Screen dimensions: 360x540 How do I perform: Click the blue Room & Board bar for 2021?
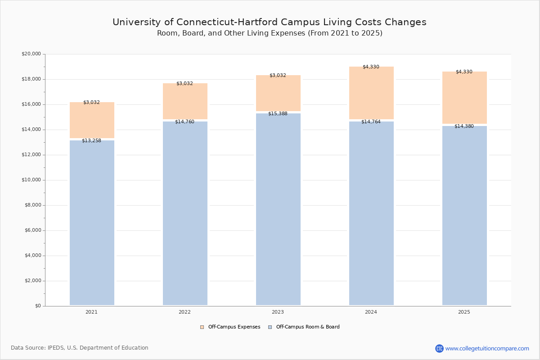coord(92,223)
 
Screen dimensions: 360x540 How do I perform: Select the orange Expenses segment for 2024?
coord(371,94)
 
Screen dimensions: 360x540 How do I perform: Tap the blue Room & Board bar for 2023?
coord(278,209)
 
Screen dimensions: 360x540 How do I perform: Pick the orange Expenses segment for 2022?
coord(185,102)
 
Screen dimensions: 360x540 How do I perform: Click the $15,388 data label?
coord(278,114)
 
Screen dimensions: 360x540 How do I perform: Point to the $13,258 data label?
coord(91,141)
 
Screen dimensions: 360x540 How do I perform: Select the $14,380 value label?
coord(464,126)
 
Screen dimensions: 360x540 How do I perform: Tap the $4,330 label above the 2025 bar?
coord(464,72)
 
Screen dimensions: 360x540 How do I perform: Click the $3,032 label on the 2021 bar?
coord(91,103)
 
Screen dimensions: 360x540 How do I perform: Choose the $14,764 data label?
coord(371,122)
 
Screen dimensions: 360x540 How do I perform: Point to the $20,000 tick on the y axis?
coord(31,54)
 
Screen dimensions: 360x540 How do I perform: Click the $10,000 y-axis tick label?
coord(31,180)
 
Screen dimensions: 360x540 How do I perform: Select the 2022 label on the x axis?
coord(184,312)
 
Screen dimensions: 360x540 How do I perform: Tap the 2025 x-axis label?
coord(464,312)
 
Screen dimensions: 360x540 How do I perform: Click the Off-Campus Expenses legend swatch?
coord(202,327)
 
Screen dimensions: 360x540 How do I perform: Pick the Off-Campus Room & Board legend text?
coord(308,327)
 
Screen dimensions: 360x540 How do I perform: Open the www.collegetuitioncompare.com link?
coord(487,348)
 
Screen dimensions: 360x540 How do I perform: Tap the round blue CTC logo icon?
coord(439,348)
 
